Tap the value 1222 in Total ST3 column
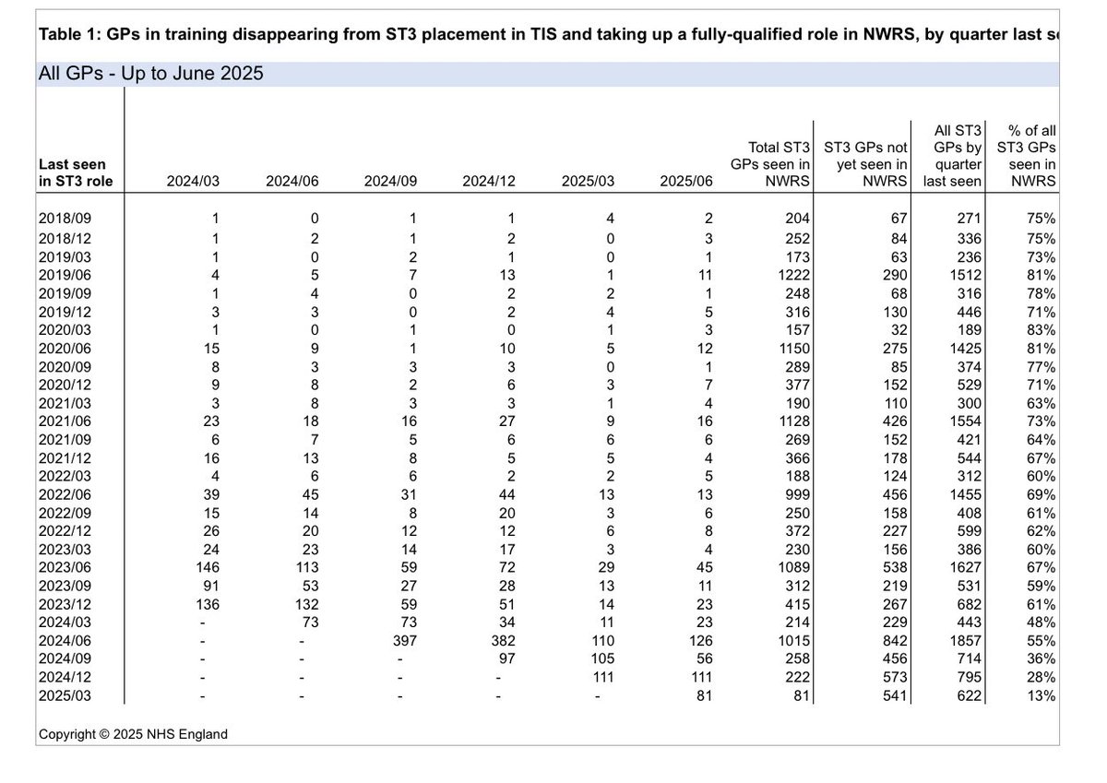tap(793, 275)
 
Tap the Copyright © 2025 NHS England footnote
tap(133, 734)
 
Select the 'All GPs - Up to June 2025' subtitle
tap(151, 74)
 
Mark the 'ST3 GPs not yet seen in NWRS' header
tap(865, 163)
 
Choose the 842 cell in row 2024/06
tap(893, 640)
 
